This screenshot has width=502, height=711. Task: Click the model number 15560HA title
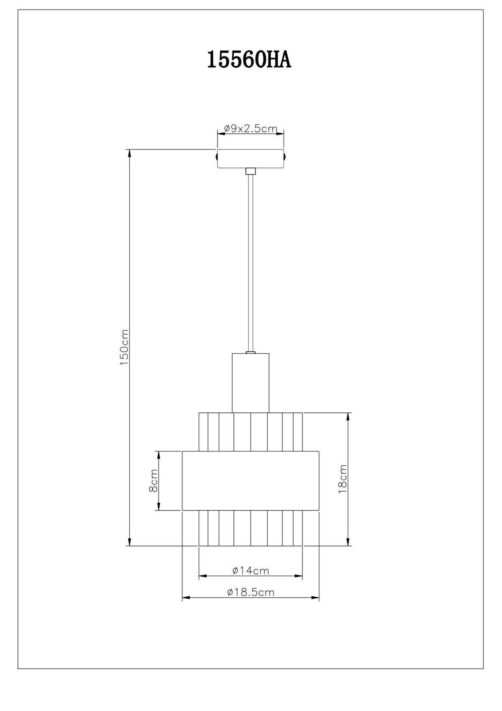click(249, 60)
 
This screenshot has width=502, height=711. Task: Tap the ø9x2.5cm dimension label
click(251, 129)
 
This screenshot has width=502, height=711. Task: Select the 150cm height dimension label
click(124, 347)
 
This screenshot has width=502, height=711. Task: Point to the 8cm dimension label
click(153, 480)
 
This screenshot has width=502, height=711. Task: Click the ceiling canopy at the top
click(251, 158)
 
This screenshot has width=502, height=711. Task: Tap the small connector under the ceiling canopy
click(251, 171)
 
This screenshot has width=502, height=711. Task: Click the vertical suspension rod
click(251, 263)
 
